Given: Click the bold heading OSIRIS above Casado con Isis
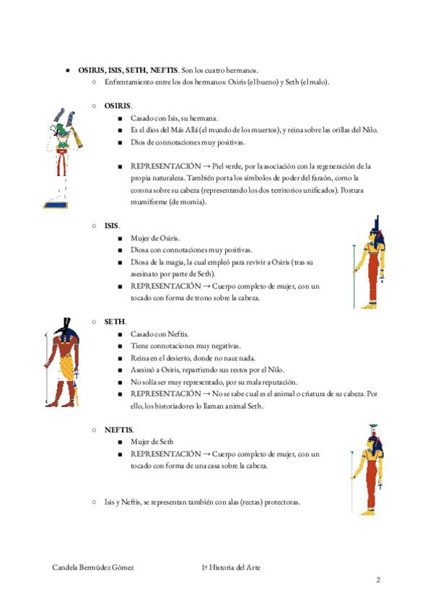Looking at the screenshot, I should (118, 106).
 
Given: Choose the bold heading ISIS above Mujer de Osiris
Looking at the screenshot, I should (111, 226).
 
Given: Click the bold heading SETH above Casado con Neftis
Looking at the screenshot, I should (115, 322).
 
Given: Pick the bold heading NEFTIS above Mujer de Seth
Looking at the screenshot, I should (118, 429).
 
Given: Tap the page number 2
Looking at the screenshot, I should (377, 580).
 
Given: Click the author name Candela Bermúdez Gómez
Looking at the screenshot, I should (93, 567).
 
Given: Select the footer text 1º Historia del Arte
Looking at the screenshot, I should (231, 567).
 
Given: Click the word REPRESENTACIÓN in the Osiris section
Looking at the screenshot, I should (165, 166).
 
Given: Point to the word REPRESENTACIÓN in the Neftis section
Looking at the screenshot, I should (165, 453).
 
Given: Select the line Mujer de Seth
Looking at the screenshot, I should (152, 441).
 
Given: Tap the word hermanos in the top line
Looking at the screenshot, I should (241, 70).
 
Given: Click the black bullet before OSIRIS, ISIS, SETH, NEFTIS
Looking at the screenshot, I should (66, 70).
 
